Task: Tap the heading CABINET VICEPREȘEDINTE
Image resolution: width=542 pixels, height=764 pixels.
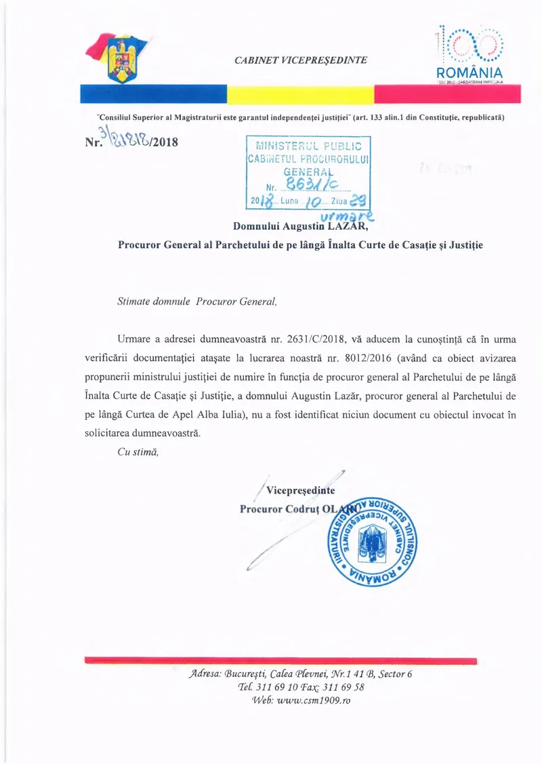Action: point(301,60)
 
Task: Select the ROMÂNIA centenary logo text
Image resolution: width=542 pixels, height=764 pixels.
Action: point(470,73)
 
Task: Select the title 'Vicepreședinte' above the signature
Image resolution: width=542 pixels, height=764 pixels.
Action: point(300,491)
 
